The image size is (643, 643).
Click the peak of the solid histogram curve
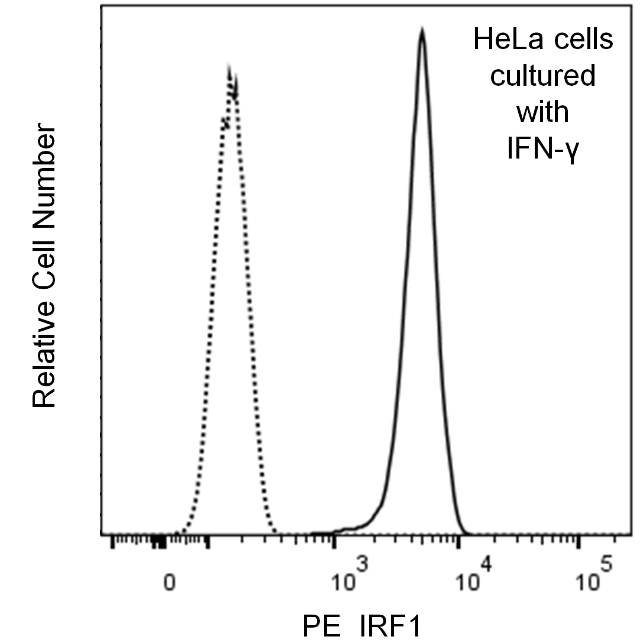tap(422, 30)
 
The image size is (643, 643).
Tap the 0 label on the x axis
tap(170, 582)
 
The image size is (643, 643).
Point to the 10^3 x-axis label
tap(350, 575)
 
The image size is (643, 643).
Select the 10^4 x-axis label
tap(474, 575)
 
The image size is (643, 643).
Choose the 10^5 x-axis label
tap(594, 575)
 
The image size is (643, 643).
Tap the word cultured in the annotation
tap(543, 76)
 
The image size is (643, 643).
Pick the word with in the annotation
tap(542, 112)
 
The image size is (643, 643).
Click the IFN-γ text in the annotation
tap(542, 148)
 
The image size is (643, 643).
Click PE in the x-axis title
tap(322, 626)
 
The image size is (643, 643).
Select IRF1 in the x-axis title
tap(391, 626)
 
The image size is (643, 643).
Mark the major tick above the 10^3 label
tap(335, 541)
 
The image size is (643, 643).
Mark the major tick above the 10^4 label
tap(458, 541)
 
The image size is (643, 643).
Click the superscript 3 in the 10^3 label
tap(361, 565)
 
